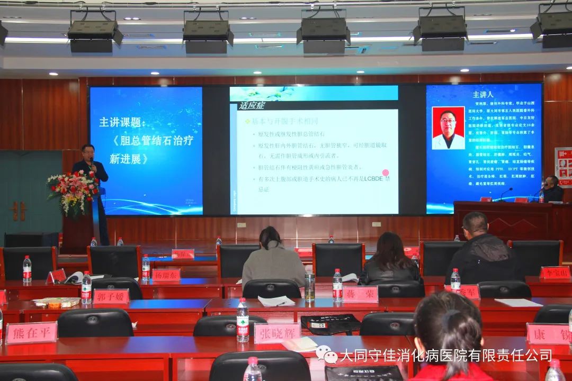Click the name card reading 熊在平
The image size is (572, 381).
tap(31, 333)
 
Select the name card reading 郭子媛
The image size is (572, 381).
tap(111, 296)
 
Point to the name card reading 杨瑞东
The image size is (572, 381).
tap(166, 275)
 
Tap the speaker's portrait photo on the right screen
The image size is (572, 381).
tap(448, 128)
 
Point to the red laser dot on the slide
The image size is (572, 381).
tap(386, 173)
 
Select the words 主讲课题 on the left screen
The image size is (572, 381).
tap(121, 122)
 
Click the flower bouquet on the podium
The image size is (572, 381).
tap(73, 192)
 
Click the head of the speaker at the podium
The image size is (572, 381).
tap(88, 151)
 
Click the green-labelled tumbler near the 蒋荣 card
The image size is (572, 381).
tap(310, 286)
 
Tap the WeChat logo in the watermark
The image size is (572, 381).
tap(326, 355)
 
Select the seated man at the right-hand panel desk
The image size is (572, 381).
tap(552, 189)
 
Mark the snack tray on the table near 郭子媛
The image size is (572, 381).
tap(56, 303)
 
